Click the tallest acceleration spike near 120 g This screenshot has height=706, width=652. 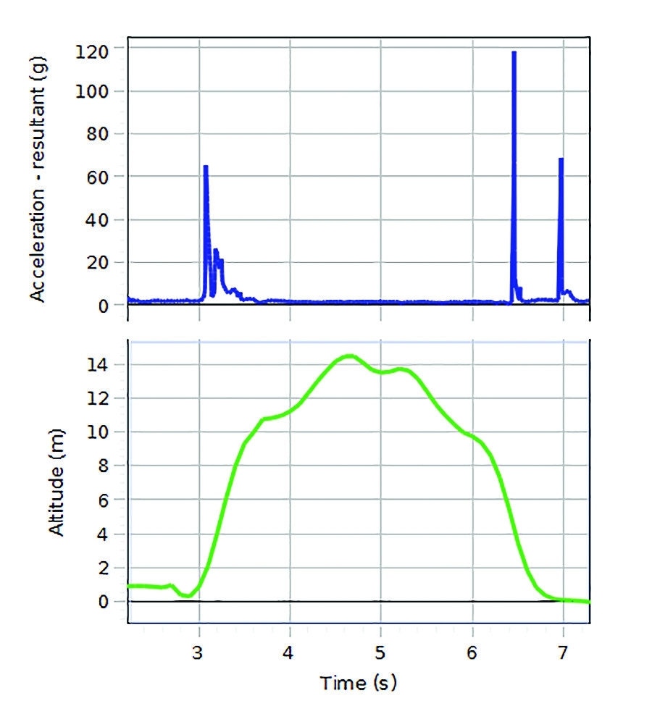(514, 52)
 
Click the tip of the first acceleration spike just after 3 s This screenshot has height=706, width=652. (206, 167)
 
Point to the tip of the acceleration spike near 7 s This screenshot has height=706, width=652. (561, 159)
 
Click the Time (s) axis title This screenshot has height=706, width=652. (360, 681)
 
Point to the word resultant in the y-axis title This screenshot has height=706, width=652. (38, 138)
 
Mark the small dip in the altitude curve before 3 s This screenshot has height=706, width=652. (187, 595)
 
